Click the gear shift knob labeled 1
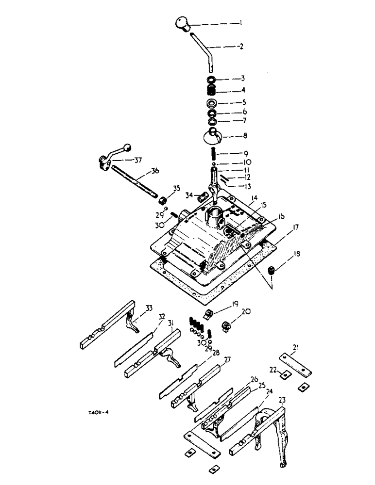click(x=182, y=24)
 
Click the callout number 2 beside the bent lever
click(x=240, y=48)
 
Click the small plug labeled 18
click(x=273, y=270)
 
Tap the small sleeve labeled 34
click(x=203, y=196)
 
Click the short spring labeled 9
click(x=212, y=156)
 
